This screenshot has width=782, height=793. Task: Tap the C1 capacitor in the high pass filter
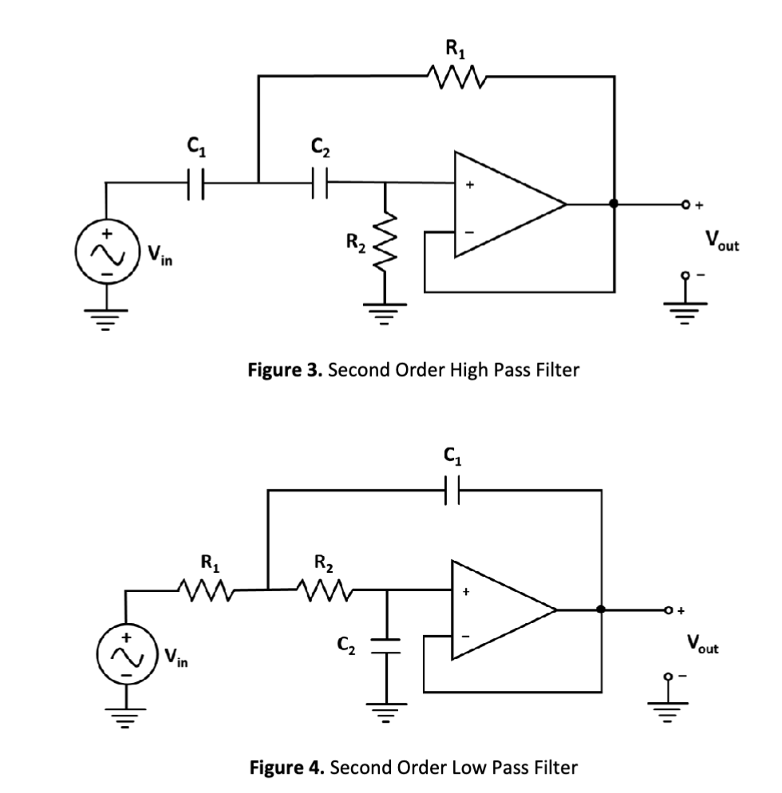194,182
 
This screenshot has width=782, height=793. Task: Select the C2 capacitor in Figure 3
322,182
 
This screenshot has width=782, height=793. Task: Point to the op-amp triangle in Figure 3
503,203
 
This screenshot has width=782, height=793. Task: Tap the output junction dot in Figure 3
614,203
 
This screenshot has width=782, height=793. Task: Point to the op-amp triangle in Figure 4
499,610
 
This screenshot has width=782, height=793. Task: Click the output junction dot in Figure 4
599,610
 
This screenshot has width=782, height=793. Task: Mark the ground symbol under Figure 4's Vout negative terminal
669,704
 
